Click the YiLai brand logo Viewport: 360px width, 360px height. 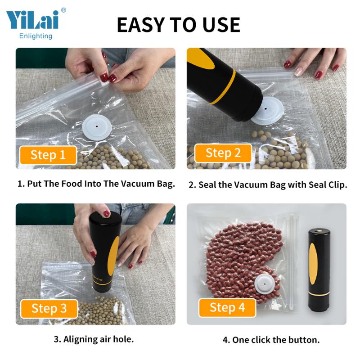pyautogui.click(x=32, y=20)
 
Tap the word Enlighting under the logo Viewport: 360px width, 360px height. pyautogui.click(x=36, y=36)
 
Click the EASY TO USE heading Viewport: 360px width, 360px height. pyautogui.click(x=179, y=25)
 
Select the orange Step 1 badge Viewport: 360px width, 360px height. pyautogui.click(x=48, y=155)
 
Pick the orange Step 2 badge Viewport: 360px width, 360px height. pyautogui.click(x=223, y=153)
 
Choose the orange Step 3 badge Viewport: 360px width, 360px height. pyautogui.click(x=49, y=308)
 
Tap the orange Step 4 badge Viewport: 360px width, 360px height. pyautogui.click(x=227, y=308)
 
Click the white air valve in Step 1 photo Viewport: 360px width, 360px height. pyautogui.click(x=98, y=127)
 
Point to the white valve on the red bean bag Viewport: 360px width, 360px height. pyautogui.click(x=265, y=284)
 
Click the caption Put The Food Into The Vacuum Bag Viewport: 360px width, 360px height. pyautogui.click(x=96, y=184)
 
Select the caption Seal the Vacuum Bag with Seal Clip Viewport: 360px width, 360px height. pyautogui.click(x=268, y=185)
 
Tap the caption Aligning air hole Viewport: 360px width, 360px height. pyautogui.click(x=94, y=339)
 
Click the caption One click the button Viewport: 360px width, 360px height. pyautogui.click(x=271, y=340)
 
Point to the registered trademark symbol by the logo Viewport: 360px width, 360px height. pyautogui.click(x=63, y=10)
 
